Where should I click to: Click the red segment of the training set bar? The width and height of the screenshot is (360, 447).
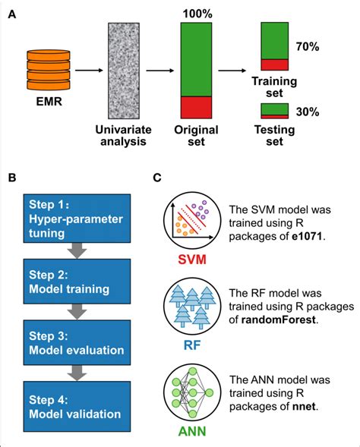(x=274, y=65)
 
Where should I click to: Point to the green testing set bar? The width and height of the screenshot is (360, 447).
(x=274, y=109)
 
